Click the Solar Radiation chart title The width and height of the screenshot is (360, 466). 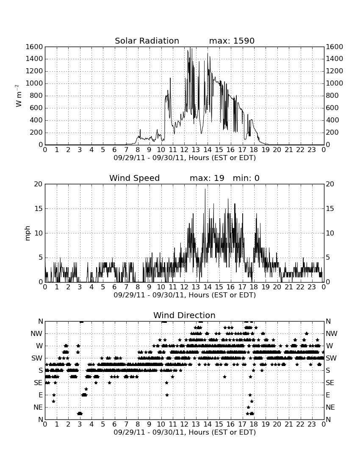tap(147, 41)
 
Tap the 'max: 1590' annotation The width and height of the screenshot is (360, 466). tap(232, 41)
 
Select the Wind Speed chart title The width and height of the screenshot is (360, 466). tap(134, 178)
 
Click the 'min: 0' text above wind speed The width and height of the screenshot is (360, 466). tap(246, 178)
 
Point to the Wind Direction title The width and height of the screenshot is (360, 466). tap(184, 315)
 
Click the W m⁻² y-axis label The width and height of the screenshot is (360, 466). tap(18, 96)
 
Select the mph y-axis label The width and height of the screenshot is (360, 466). tap(28, 233)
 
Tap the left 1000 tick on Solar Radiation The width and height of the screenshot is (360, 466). tap(34, 83)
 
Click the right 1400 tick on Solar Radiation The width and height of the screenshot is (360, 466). tap(335, 59)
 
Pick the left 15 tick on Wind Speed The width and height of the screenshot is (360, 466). tap(39, 208)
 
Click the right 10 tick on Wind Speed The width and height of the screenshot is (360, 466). tap(330, 233)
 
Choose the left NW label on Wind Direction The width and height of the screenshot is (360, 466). tap(36, 334)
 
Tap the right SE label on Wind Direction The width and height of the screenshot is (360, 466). tap(330, 383)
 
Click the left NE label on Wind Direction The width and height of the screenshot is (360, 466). tap(38, 407)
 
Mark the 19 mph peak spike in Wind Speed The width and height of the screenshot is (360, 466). tap(205, 189)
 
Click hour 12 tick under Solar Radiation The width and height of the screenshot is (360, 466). tap(184, 150)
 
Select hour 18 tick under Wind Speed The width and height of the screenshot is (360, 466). tap(254, 287)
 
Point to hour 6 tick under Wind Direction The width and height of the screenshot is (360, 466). tap(115, 424)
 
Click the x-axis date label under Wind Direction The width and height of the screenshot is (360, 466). tap(185, 432)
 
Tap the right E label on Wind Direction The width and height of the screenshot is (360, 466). tap(328, 395)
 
